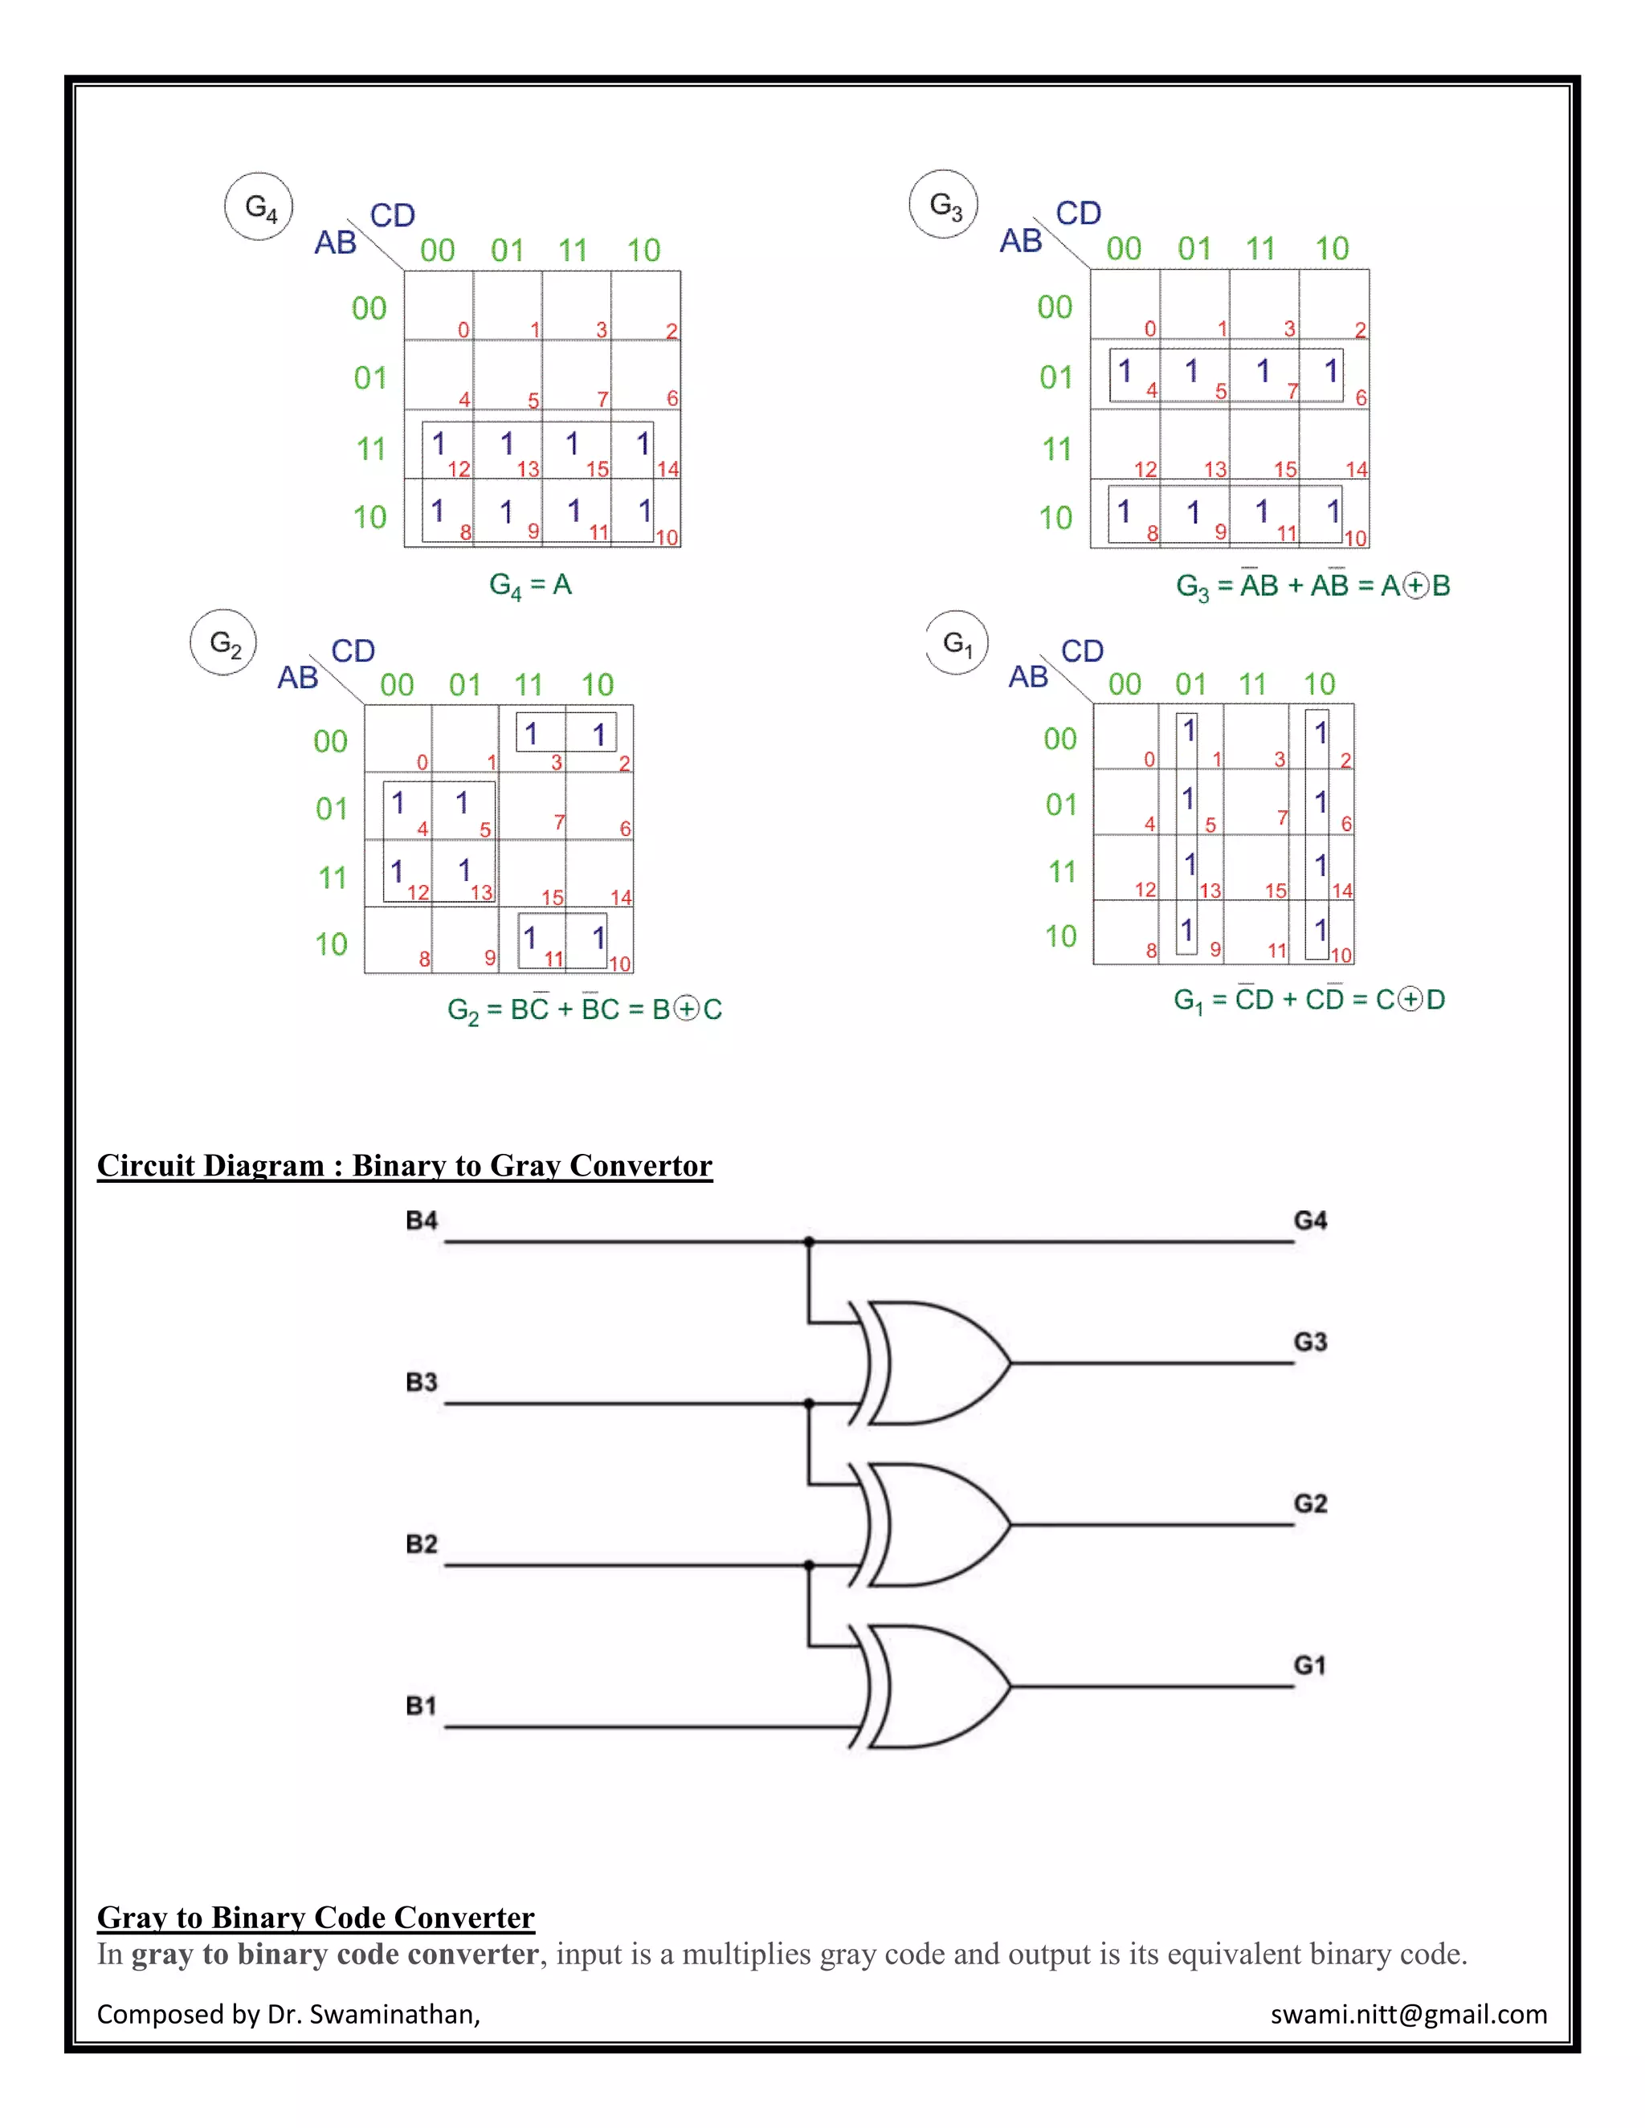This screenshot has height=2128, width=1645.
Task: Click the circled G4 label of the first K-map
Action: point(259,206)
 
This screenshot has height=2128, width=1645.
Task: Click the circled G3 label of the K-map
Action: point(943,205)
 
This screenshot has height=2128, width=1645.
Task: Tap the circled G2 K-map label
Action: point(224,643)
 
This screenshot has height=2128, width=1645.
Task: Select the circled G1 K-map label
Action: point(957,643)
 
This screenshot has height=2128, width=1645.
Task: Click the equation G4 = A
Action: point(530,585)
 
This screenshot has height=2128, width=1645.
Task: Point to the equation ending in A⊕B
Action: point(1312,585)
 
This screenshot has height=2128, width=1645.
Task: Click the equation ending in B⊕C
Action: point(584,1009)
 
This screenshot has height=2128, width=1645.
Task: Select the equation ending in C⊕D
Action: point(1308,1000)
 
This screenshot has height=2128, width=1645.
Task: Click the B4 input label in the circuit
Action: point(421,1221)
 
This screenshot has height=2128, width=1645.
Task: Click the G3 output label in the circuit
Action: point(1310,1342)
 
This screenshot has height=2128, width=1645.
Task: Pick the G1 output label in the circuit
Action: point(1310,1665)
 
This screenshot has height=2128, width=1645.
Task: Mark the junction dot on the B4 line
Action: point(809,1242)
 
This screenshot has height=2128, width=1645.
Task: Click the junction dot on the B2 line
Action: point(809,1566)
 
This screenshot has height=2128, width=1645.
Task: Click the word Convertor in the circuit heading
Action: point(640,1165)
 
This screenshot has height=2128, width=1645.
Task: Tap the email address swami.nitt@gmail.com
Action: point(1408,2014)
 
